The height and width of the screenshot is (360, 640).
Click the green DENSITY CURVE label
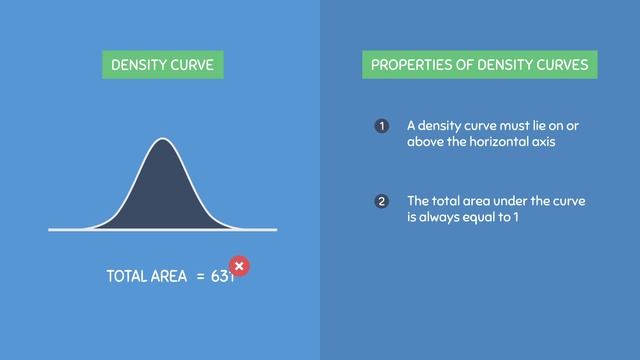[x=162, y=66]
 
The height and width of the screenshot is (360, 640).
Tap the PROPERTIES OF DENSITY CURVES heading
[x=480, y=66]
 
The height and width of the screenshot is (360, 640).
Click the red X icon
[x=239, y=266]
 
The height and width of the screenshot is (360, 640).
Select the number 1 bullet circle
[x=381, y=126]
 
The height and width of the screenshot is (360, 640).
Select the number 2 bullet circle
[x=381, y=202]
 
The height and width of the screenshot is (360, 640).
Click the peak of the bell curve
[x=163, y=140]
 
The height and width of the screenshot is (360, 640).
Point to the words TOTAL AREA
[x=146, y=276]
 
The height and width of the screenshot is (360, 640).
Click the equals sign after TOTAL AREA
[x=200, y=276]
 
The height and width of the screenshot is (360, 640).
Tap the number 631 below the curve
[x=221, y=276]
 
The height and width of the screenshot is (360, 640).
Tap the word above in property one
[x=425, y=142]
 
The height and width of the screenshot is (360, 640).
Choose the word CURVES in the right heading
[x=561, y=66]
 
